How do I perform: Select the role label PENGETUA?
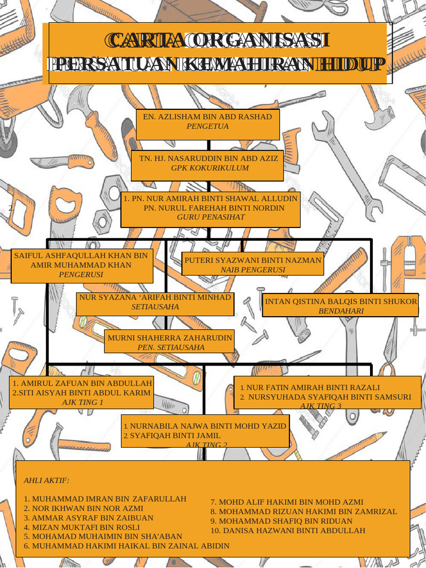click(207, 126)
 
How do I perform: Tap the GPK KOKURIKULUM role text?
click(210, 168)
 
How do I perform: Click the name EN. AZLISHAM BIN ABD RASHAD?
click(207, 117)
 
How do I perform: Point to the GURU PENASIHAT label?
click(211, 217)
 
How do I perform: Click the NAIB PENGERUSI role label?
click(253, 270)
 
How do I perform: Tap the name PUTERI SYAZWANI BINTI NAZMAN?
click(253, 260)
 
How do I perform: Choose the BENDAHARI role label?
click(341, 311)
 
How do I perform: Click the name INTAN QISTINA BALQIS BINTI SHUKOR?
click(341, 302)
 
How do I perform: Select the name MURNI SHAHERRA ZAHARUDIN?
click(170, 338)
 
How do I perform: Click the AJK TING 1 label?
click(82, 402)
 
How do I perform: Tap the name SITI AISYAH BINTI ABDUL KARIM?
click(84, 393)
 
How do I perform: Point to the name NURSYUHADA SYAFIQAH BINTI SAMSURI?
click(329, 397)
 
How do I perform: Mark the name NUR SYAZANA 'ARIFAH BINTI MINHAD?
click(155, 297)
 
